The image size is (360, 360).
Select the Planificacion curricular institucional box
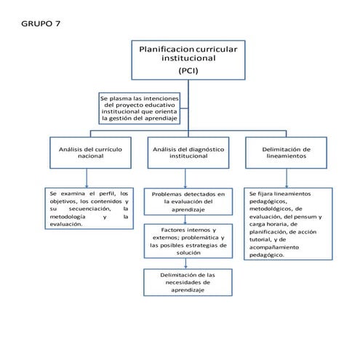pos(188,59)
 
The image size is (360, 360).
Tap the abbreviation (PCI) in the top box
pos(188,71)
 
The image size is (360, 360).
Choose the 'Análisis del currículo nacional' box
pos(90,152)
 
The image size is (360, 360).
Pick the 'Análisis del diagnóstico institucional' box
pos(188,152)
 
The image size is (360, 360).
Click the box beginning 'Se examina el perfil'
pos(89,209)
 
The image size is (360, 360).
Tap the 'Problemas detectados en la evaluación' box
pos(188,201)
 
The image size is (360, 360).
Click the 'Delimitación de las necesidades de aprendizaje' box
pos(188,282)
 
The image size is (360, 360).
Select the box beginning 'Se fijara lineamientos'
pos(287,224)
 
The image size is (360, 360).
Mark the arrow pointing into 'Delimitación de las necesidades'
pos(188,263)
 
